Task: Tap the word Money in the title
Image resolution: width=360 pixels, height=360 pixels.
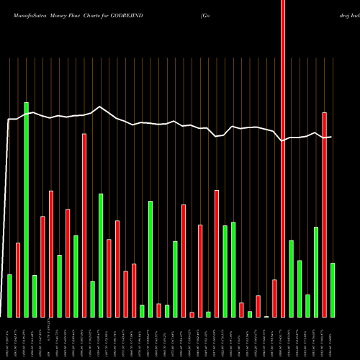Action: [x=63, y=8]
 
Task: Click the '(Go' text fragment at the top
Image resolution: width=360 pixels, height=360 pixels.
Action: [x=207, y=8]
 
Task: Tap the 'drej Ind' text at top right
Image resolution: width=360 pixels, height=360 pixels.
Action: [x=344, y=8]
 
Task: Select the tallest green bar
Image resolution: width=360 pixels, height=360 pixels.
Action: [x=27, y=209]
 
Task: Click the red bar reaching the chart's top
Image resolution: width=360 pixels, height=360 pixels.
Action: [x=283, y=158]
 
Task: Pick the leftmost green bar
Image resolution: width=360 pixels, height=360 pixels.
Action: [x=10, y=295]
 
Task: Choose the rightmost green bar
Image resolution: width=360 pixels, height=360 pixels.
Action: [x=332, y=289]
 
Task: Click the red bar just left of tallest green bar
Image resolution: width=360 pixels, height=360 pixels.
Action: [x=18, y=279]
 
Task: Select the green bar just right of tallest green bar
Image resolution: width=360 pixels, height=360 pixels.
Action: [x=35, y=296]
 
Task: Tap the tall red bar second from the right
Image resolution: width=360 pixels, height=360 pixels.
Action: [x=324, y=215]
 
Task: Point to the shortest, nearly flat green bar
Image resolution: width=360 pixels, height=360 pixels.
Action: [x=266, y=316]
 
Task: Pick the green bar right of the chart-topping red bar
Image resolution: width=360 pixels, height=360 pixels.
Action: [x=291, y=278]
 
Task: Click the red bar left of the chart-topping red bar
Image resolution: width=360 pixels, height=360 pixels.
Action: [x=274, y=298]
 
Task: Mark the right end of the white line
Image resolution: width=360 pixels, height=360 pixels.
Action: [x=331, y=136]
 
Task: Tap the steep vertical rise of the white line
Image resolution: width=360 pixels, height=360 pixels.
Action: [x=7, y=216]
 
